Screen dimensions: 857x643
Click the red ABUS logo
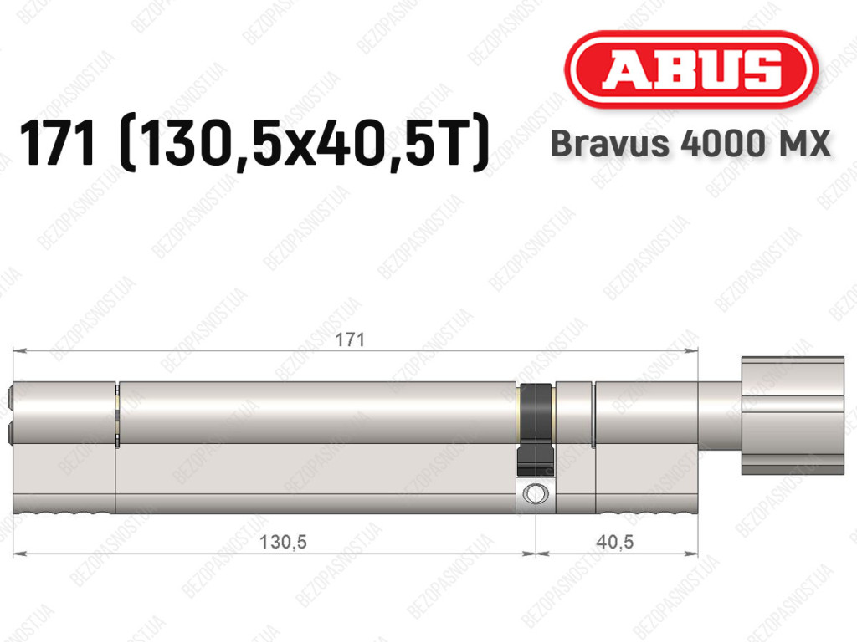pyautogui.click(x=690, y=70)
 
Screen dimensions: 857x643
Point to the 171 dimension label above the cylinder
pyautogui.click(x=350, y=339)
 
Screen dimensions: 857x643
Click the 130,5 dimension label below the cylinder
pyautogui.click(x=283, y=542)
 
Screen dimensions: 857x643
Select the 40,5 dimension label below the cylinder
pyautogui.click(x=615, y=542)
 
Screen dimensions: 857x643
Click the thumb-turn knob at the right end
pyautogui.click(x=793, y=416)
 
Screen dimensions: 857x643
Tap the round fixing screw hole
pyautogui.click(x=535, y=494)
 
